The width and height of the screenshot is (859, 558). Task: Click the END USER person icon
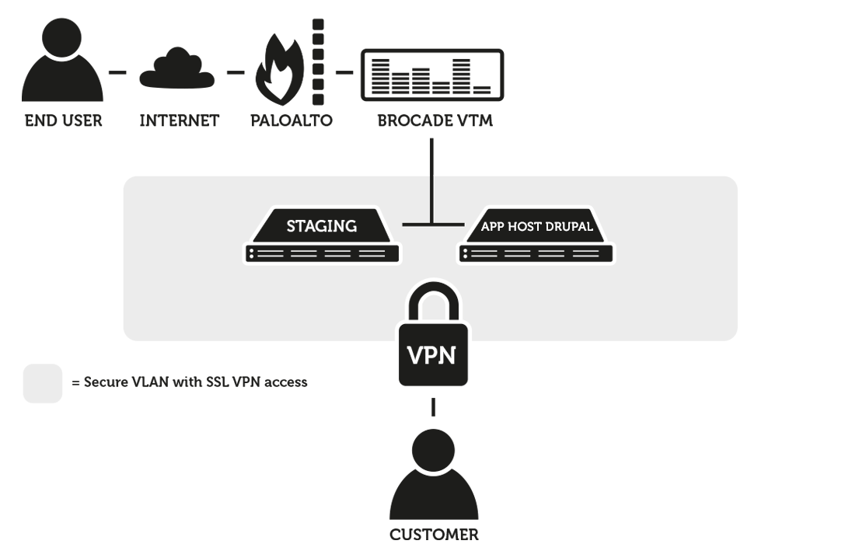[62, 66]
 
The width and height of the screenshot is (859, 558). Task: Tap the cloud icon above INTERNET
[177, 70]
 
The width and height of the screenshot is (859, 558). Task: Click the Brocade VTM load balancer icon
[432, 75]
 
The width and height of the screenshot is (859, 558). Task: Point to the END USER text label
[63, 121]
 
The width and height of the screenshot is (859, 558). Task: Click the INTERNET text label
[179, 121]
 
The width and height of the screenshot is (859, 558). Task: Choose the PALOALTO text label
[291, 121]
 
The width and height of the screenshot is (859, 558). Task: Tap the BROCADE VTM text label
[435, 121]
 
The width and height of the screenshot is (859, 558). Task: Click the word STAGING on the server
[321, 226]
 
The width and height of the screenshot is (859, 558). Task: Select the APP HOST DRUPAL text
[536, 227]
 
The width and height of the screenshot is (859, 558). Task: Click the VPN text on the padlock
[433, 355]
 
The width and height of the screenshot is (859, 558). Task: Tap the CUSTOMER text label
[434, 535]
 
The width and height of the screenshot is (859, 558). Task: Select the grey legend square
[43, 383]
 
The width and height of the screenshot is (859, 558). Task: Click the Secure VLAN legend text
[189, 382]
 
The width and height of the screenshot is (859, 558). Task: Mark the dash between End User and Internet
[117, 73]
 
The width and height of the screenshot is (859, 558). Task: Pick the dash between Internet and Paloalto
[236, 73]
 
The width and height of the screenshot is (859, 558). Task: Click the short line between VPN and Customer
[433, 407]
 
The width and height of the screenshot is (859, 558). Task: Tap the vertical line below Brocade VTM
[432, 179]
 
